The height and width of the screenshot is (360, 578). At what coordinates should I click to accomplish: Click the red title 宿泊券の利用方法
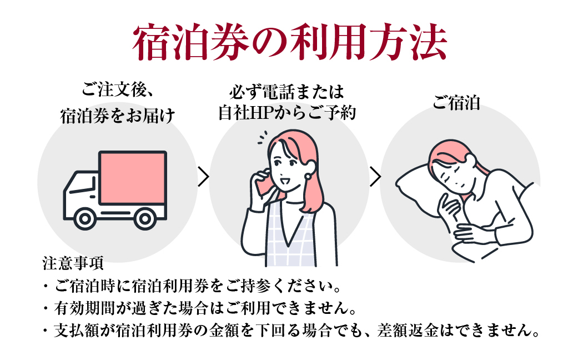290,42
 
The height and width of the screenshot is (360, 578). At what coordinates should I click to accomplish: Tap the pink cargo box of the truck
133,178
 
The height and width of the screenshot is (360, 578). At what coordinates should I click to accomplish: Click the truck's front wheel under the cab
85,219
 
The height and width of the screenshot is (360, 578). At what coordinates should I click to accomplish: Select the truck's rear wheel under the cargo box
145,219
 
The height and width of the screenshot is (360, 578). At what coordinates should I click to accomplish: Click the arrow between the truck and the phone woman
203,176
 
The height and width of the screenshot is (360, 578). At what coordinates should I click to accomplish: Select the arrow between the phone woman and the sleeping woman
375,176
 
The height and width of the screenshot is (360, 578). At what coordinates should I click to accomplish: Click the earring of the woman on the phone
307,176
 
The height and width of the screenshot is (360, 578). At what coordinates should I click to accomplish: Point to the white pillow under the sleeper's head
416,184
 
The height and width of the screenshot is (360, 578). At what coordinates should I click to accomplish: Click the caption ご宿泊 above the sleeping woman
456,103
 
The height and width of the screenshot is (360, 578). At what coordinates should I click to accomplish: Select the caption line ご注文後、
117,90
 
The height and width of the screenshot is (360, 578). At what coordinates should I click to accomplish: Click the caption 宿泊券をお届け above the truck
117,116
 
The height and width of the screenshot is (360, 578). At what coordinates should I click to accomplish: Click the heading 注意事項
73,263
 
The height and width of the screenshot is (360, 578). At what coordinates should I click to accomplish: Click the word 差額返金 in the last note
408,331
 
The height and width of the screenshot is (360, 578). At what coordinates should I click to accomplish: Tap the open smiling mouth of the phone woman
285,182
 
